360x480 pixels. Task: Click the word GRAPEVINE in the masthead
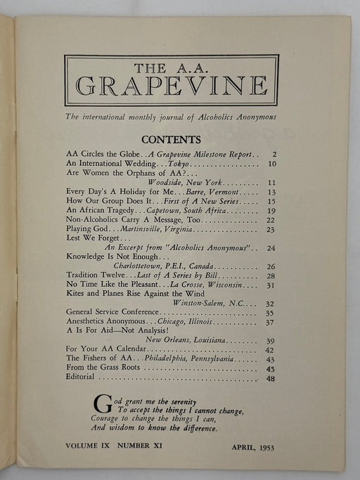[171, 86]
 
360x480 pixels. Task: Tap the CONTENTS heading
[171, 140]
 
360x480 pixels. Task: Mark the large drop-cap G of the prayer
[102, 403]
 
